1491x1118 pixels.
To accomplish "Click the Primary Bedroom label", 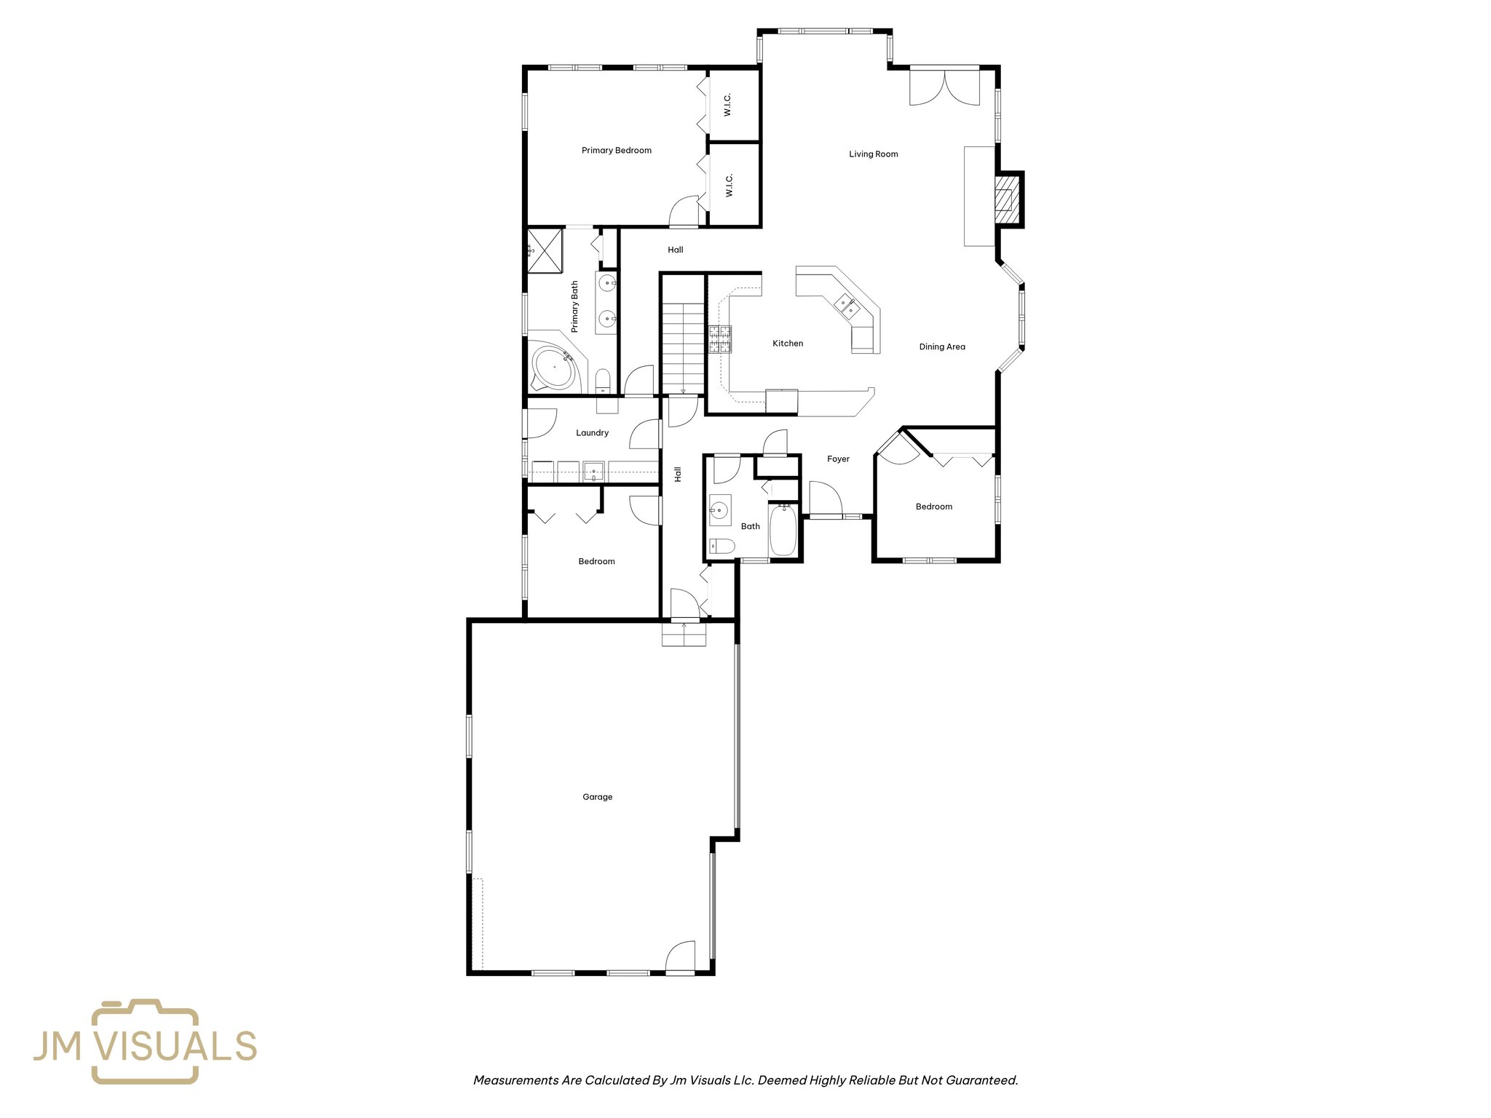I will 616,151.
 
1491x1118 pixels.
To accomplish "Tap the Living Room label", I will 873,154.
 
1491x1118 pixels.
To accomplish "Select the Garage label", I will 597,797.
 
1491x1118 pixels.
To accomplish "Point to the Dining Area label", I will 941,347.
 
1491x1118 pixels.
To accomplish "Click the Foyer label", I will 838,459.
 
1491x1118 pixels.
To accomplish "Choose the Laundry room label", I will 592,433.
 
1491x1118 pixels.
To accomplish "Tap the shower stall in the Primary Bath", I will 545,250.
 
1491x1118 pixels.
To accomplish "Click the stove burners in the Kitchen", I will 720,339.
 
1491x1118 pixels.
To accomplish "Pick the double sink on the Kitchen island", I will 846,305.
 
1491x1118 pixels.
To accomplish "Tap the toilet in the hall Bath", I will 721,545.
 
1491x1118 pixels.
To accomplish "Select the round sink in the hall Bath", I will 720,510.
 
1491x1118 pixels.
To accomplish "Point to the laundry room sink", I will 593,472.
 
